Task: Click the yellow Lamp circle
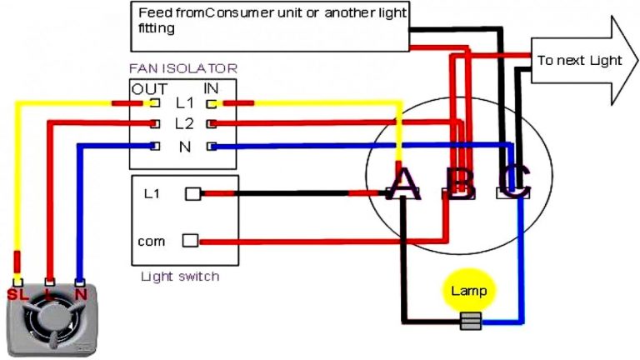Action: click(468, 291)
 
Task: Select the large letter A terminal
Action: click(403, 183)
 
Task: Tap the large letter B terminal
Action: click(459, 183)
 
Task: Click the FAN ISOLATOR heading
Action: click(182, 68)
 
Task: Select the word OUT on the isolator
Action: click(150, 89)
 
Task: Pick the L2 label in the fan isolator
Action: click(184, 123)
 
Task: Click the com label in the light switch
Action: click(152, 242)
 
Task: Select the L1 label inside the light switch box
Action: click(152, 194)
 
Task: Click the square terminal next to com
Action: click(191, 241)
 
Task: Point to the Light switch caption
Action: click(180, 276)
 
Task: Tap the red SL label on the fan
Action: click(17, 294)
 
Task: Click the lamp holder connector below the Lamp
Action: click(471, 320)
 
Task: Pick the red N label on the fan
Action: click(81, 294)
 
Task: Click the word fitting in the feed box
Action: click(156, 28)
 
